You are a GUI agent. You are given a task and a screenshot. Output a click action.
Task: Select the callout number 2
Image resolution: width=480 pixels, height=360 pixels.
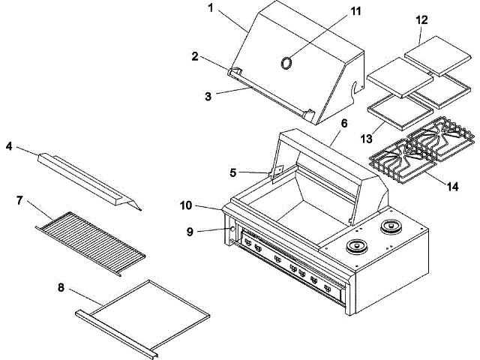(x=194, y=56)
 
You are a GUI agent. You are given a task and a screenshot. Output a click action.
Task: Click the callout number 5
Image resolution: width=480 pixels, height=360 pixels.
(x=233, y=172)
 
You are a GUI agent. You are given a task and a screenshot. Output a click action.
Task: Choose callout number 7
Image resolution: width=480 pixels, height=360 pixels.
(x=21, y=200)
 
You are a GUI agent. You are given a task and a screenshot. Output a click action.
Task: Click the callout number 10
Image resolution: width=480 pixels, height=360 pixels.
(x=186, y=204)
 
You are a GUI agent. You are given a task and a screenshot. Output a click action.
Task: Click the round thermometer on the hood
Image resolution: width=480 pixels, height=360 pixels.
(x=286, y=64)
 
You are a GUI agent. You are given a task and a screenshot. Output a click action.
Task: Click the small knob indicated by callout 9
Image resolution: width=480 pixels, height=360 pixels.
(x=230, y=229)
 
